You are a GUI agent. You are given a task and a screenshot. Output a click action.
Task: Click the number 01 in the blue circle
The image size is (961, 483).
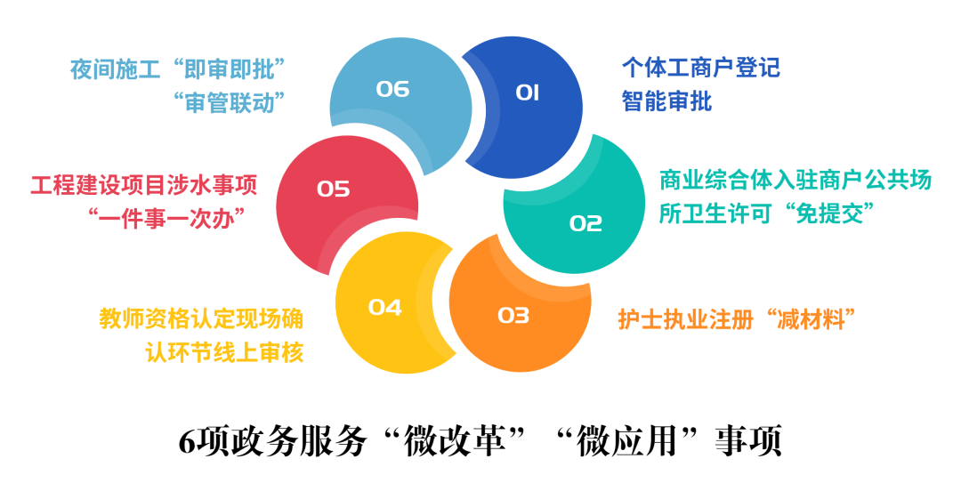coord(527,92)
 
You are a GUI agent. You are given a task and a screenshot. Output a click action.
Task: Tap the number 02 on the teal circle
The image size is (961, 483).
coord(585,223)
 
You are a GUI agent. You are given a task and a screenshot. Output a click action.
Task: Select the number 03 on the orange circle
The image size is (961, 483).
coord(513,315)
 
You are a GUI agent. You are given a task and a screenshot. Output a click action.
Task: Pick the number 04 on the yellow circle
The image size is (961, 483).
coord(385,308)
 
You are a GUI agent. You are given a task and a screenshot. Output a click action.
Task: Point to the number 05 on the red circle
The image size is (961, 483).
coord(334,189)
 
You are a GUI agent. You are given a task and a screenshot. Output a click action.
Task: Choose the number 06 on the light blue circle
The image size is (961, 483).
coord(392,89)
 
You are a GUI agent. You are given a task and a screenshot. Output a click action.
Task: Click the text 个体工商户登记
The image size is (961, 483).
coord(700,68)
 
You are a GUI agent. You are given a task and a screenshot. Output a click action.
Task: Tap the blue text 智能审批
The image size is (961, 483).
coord(666,101)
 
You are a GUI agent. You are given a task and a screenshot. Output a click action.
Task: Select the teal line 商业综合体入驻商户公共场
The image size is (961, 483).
coord(795,181)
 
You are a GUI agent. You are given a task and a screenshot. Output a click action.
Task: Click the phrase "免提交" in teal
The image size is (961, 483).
coord(835,214)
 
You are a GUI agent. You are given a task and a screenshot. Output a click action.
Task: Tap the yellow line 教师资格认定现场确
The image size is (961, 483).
coord(201,319)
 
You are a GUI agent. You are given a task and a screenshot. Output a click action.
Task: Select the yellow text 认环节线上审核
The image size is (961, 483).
coord(224,353)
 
